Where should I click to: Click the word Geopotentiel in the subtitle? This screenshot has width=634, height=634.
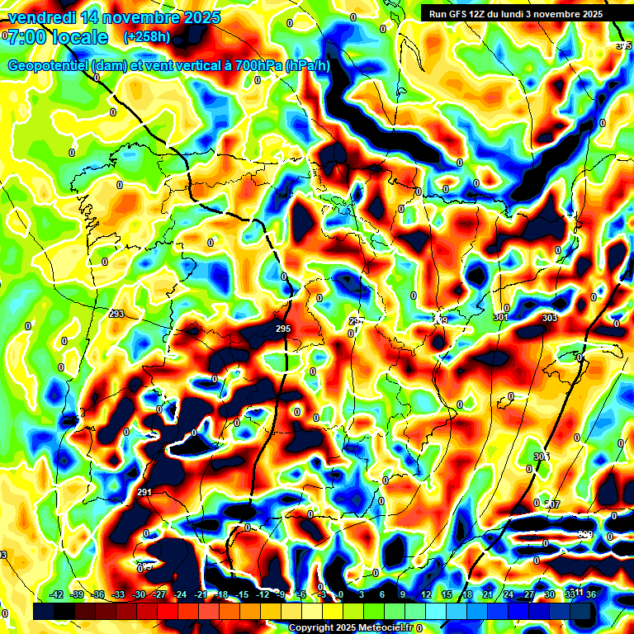50,65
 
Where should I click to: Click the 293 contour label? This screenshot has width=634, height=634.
116,315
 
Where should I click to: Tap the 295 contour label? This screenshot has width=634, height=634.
283,329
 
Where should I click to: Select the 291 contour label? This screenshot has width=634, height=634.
144,493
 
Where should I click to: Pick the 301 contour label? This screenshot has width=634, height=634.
501,317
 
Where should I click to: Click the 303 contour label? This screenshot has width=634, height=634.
550,318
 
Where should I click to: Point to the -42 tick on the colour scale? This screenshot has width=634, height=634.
57,594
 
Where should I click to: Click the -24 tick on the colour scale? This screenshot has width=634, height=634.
179,594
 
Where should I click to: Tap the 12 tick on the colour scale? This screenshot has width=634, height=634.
425,594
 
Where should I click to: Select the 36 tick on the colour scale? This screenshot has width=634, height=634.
591,594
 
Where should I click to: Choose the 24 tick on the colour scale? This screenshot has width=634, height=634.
508,594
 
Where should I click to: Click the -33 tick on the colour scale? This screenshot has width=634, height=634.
118,594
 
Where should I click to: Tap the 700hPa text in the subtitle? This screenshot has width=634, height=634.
255,65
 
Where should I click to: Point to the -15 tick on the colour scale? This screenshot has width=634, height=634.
241,594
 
